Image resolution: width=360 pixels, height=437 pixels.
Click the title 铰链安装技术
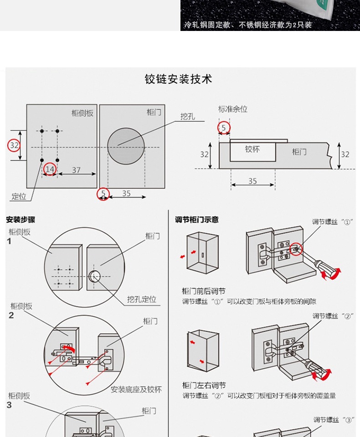point(178,79)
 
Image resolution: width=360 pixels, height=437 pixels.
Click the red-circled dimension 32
point(14,145)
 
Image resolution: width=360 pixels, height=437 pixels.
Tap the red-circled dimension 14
point(50,169)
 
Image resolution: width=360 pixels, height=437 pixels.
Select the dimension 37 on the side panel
point(76,170)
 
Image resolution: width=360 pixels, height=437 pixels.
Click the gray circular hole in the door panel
point(126,146)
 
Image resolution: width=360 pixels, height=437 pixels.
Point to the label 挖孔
point(187,117)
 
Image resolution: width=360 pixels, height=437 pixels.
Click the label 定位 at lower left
point(19,197)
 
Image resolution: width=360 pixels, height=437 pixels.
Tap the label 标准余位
point(232,109)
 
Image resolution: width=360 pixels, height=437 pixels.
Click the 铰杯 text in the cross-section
point(252,149)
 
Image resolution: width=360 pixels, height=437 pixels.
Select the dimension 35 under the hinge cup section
point(252,181)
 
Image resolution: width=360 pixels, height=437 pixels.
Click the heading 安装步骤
point(21,219)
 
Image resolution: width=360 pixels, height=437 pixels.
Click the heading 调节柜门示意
point(197,219)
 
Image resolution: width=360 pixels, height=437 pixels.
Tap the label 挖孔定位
point(142,299)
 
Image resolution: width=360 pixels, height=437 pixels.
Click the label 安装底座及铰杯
point(136,390)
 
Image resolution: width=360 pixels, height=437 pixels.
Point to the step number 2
point(11,315)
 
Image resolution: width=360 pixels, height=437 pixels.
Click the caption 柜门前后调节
point(204,291)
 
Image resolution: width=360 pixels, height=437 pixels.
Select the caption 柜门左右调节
point(204,385)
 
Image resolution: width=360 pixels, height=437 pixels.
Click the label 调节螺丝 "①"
point(333,222)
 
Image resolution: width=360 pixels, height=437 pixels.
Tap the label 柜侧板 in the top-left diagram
point(82,113)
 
